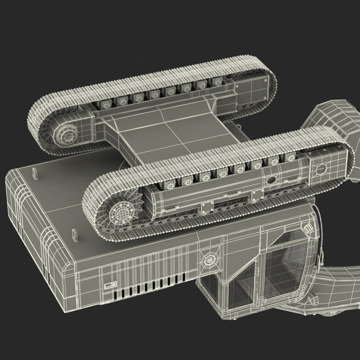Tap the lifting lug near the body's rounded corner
pyautogui.click(x=35, y=174)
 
